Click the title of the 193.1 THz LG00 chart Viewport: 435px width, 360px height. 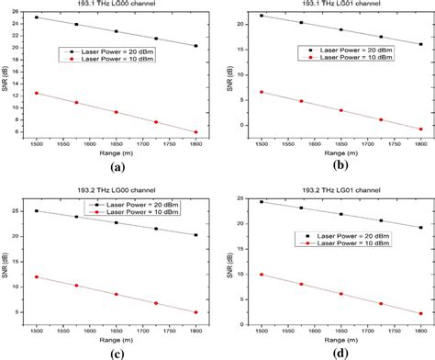pos(117,5)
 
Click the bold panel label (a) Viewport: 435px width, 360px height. pos(117,168)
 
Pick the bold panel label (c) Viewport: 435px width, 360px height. pos(117,352)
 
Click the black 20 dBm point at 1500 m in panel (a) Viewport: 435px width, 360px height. pos(37,17)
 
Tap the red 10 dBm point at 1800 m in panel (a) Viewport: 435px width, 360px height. pos(195,132)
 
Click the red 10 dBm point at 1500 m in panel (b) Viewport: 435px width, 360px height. pos(262,92)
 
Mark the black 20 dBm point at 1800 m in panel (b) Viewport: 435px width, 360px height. pos(420,44)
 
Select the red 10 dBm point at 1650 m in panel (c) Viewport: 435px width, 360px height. pos(116,294)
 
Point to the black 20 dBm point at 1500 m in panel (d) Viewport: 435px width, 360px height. pos(262,202)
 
